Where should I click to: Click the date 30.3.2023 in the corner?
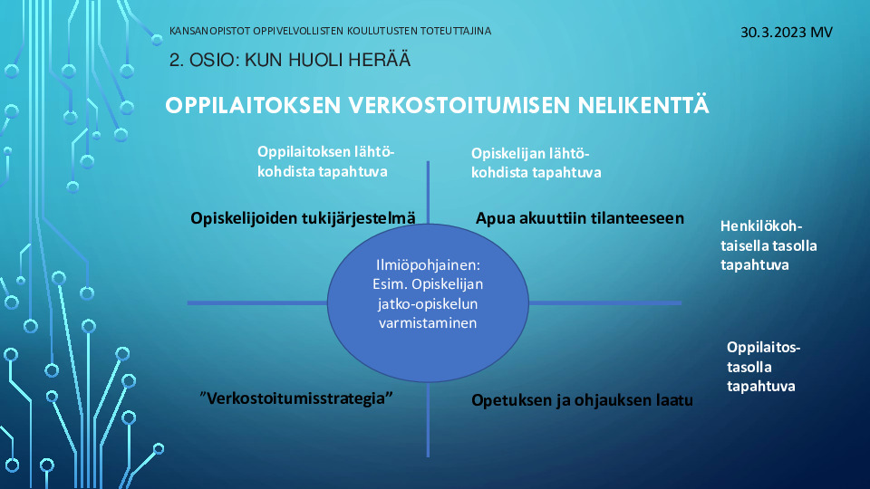pyautogui.click(x=773, y=33)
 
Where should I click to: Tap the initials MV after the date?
pyautogui.click(x=822, y=33)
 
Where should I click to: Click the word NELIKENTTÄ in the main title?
pyautogui.click(x=643, y=104)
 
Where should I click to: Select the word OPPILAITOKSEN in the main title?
pyautogui.click(x=253, y=105)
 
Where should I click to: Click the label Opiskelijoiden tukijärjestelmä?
pyautogui.click(x=303, y=218)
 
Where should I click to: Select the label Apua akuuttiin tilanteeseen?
pyautogui.click(x=580, y=218)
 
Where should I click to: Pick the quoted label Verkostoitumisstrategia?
pyautogui.click(x=296, y=398)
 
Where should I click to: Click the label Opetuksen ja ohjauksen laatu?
pyautogui.click(x=582, y=399)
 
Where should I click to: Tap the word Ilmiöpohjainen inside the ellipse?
pyautogui.click(x=428, y=265)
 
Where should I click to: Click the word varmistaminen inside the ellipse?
pyautogui.click(x=428, y=322)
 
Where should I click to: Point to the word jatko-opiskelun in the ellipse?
pyautogui.click(x=428, y=304)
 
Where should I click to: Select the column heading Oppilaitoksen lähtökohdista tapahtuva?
pyautogui.click(x=325, y=161)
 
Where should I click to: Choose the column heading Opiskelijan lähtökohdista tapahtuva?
pyautogui.click(x=536, y=163)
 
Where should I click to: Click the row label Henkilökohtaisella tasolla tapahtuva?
pyautogui.click(x=768, y=245)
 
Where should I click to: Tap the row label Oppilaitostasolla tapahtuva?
pyautogui.click(x=763, y=367)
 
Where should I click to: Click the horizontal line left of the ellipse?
pyautogui.click(x=257, y=302)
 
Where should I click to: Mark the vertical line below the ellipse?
pyautogui.click(x=428, y=419)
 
